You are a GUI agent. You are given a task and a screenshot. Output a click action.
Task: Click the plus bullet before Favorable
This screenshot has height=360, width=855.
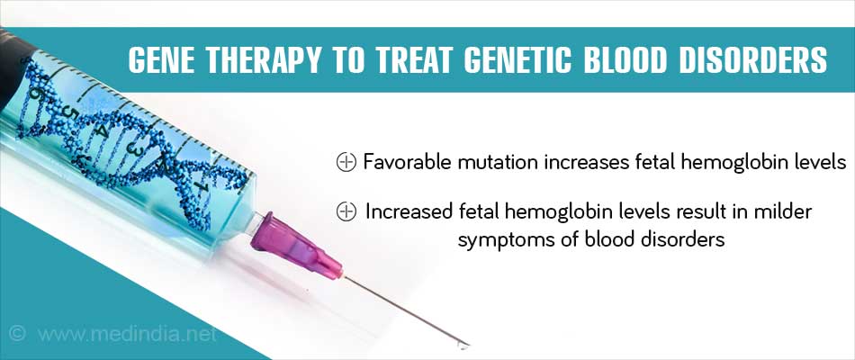tap(346, 162)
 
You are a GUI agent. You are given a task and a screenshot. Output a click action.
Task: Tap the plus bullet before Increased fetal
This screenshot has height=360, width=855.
tap(346, 211)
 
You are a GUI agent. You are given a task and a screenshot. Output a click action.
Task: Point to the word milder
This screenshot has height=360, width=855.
tap(784, 211)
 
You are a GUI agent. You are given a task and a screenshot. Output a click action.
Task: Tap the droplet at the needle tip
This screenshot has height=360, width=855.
tap(463, 345)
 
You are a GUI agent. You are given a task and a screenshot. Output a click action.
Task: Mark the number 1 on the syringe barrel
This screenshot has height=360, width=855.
tap(202, 187)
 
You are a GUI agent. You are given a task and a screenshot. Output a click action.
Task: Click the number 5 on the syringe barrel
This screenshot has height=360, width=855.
tap(67, 112)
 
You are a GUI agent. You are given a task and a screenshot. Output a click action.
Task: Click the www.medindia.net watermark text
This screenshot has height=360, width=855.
tap(127, 334)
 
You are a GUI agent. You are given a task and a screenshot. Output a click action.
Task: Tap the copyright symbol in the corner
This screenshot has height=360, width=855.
tap(17, 333)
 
